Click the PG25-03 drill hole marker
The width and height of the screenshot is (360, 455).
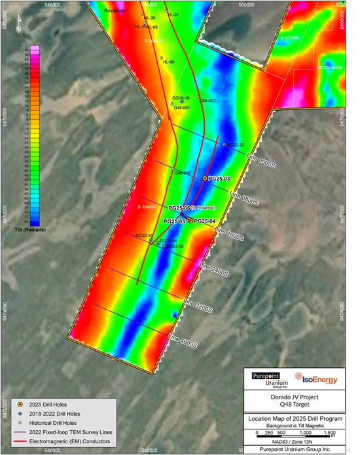click(205, 178)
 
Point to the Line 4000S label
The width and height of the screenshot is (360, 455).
click(183, 341)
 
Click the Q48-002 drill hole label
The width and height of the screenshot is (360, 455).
click(207, 100)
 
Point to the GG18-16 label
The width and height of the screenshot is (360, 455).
click(181, 97)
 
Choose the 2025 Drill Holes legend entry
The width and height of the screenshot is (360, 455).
click(49, 405)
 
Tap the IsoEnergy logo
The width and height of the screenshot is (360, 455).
click(315, 377)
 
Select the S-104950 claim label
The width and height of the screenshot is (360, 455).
click(147, 207)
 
